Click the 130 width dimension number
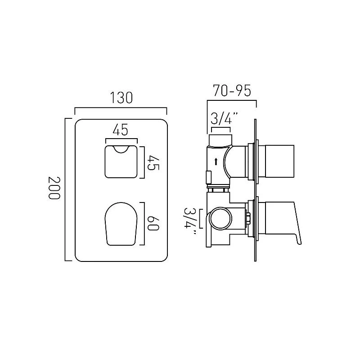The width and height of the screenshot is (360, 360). coord(120,98)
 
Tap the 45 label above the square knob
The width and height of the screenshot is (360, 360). coord(120,130)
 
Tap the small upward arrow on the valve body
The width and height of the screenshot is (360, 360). coord(216,162)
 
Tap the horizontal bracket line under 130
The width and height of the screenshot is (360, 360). coord(120,108)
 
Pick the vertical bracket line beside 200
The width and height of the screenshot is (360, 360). coord(66,189)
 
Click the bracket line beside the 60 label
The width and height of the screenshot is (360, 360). coord(144,224)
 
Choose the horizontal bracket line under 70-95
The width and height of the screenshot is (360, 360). coord(231,101)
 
